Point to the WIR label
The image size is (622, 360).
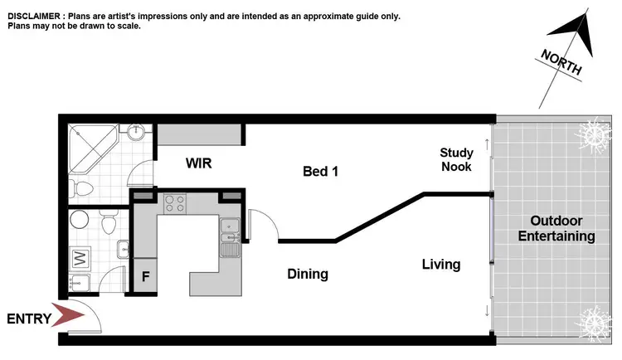pos(198,163)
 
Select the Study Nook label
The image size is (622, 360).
pos(456,159)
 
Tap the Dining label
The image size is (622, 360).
pos(308,274)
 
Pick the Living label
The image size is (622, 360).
pos(440,265)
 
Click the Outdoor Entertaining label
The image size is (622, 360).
pos(556,229)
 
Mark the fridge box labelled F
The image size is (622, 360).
pos(146,276)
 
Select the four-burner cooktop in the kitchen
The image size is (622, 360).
pos(175,202)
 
